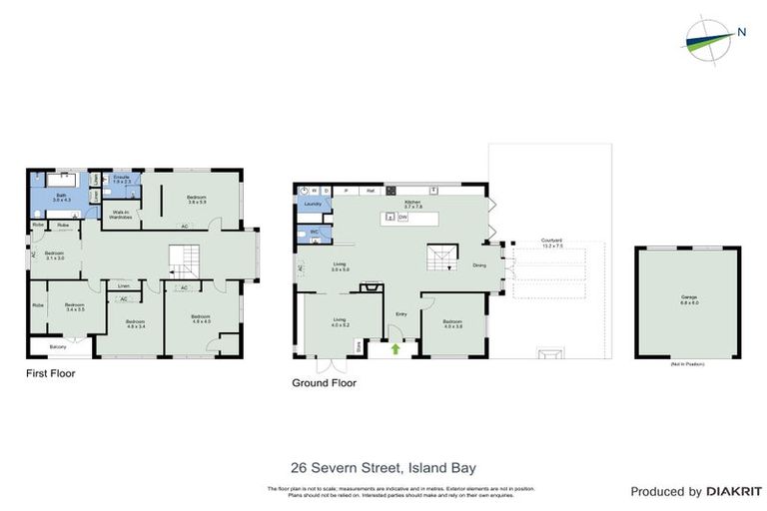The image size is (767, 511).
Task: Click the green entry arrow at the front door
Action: click(x=395, y=349)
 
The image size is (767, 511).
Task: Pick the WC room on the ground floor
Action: click(x=313, y=233)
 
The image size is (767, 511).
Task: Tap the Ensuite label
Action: click(x=122, y=180)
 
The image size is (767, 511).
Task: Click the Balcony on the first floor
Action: click(x=59, y=346)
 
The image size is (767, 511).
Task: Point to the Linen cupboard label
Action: click(x=123, y=285)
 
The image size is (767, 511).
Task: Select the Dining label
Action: click(x=479, y=265)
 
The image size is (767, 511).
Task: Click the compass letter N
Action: click(x=741, y=32)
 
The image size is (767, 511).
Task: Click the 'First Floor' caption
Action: click(x=50, y=374)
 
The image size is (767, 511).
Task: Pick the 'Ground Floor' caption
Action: click(x=324, y=382)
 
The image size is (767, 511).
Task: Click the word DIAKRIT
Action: click(x=734, y=492)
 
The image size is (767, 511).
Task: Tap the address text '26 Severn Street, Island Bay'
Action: click(x=383, y=467)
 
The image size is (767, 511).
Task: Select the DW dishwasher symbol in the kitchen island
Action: click(x=402, y=217)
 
